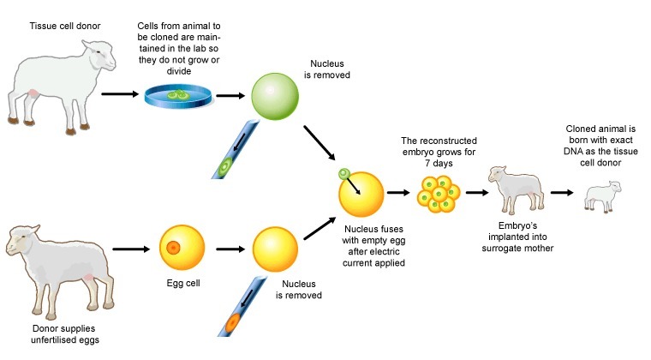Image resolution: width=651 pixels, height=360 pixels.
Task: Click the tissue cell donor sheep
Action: pos(60,86)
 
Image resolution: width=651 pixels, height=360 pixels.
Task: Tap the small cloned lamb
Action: pos(602,196)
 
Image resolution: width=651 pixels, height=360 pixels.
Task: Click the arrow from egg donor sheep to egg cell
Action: pos(131,249)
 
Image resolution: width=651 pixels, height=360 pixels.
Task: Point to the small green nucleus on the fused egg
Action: pos(343,175)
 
